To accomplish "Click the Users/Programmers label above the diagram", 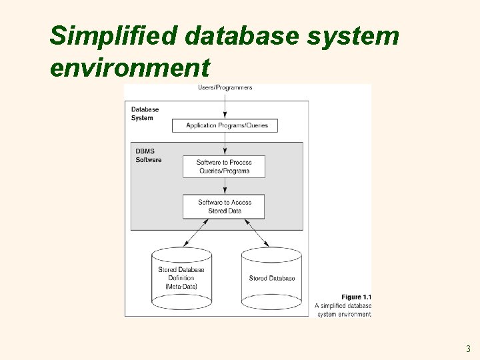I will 225,88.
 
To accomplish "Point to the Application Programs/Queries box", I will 225,125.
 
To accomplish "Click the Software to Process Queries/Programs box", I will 224,167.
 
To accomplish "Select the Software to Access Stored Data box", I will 224,207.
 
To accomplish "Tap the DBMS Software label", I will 148,155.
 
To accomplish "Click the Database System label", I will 145,113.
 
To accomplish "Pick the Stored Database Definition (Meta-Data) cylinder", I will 181,278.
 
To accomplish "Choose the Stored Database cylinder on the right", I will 271,278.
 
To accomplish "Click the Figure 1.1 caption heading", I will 356,297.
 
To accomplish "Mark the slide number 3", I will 468,348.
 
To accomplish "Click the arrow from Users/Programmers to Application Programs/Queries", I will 225,105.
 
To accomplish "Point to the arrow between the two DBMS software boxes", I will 224,186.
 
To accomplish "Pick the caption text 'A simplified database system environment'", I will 343,310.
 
